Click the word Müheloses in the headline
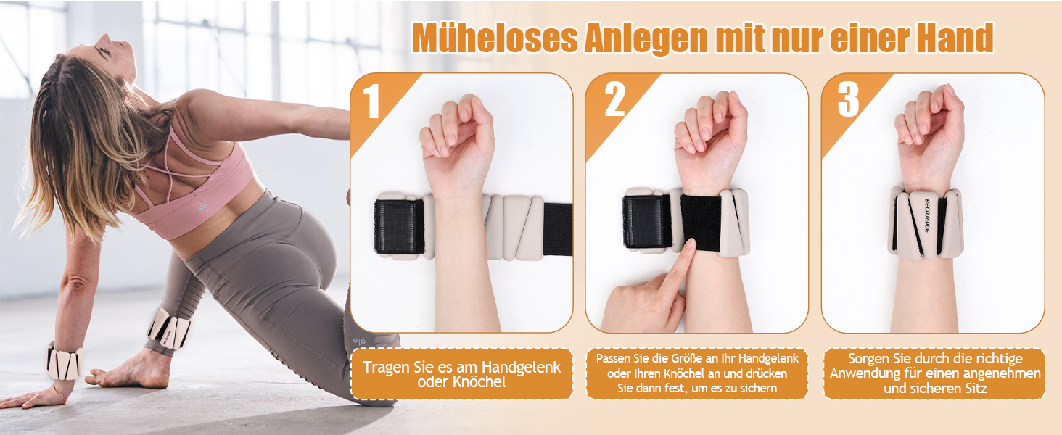click(x=495, y=38)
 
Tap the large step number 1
click(x=371, y=101)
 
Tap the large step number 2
click(x=615, y=99)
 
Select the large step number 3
click(x=848, y=99)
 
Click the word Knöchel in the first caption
click(x=479, y=382)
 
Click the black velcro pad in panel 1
click(x=399, y=226)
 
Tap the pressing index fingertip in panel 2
click(x=688, y=245)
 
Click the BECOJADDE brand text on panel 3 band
click(x=927, y=215)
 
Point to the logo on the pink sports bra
click(x=203, y=207)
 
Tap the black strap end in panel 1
click(x=558, y=229)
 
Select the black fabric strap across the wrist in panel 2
click(x=701, y=223)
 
